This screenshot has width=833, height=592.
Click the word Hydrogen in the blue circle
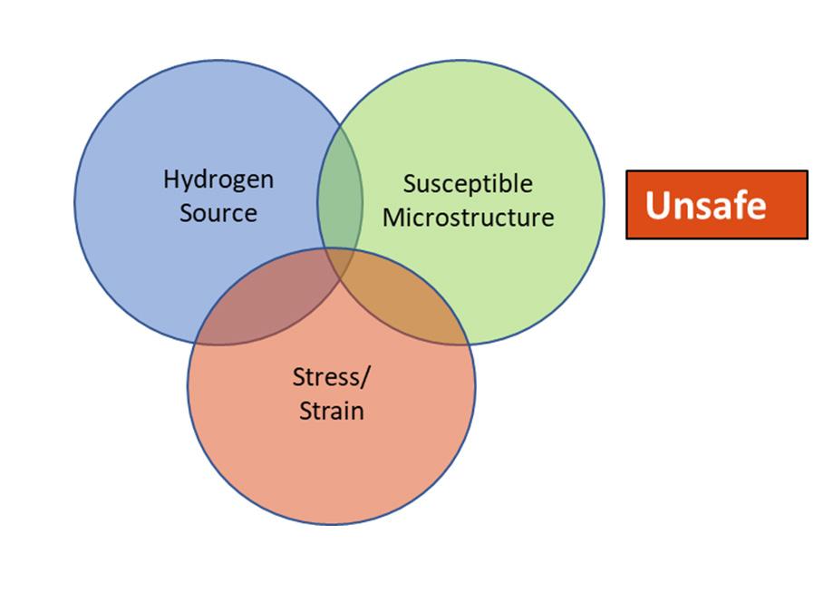point(218,180)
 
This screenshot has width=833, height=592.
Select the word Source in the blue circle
point(218,213)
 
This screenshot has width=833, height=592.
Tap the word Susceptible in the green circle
point(468,184)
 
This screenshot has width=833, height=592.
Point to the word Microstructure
point(468,218)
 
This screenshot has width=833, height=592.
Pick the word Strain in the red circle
point(331,411)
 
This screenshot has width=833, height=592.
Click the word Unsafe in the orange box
point(705,205)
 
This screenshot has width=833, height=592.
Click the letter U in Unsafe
point(657,205)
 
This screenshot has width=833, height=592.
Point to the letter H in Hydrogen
point(170,179)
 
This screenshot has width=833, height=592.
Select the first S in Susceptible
point(409,184)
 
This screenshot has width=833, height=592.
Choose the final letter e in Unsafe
point(756,208)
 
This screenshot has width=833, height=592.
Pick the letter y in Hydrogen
point(184,182)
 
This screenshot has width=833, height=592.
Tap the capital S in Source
point(186,213)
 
